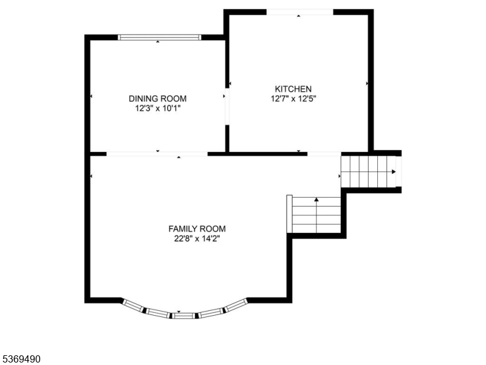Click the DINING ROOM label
[x=157, y=99]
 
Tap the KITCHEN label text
[x=293, y=89]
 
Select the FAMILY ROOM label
[x=197, y=229]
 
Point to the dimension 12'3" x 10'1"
[x=157, y=108]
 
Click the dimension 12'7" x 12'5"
[x=293, y=98]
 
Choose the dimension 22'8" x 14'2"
[x=197, y=238]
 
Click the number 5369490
[x=21, y=360]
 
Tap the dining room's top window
[x=159, y=37]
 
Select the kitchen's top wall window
[x=299, y=12]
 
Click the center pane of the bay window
[x=185, y=315]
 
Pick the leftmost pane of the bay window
[x=134, y=305]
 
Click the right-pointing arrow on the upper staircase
[x=394, y=172]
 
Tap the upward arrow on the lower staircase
[x=316, y=200]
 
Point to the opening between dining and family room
[x=157, y=154]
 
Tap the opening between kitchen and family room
[x=324, y=154]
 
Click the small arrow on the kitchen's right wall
[x=367, y=83]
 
